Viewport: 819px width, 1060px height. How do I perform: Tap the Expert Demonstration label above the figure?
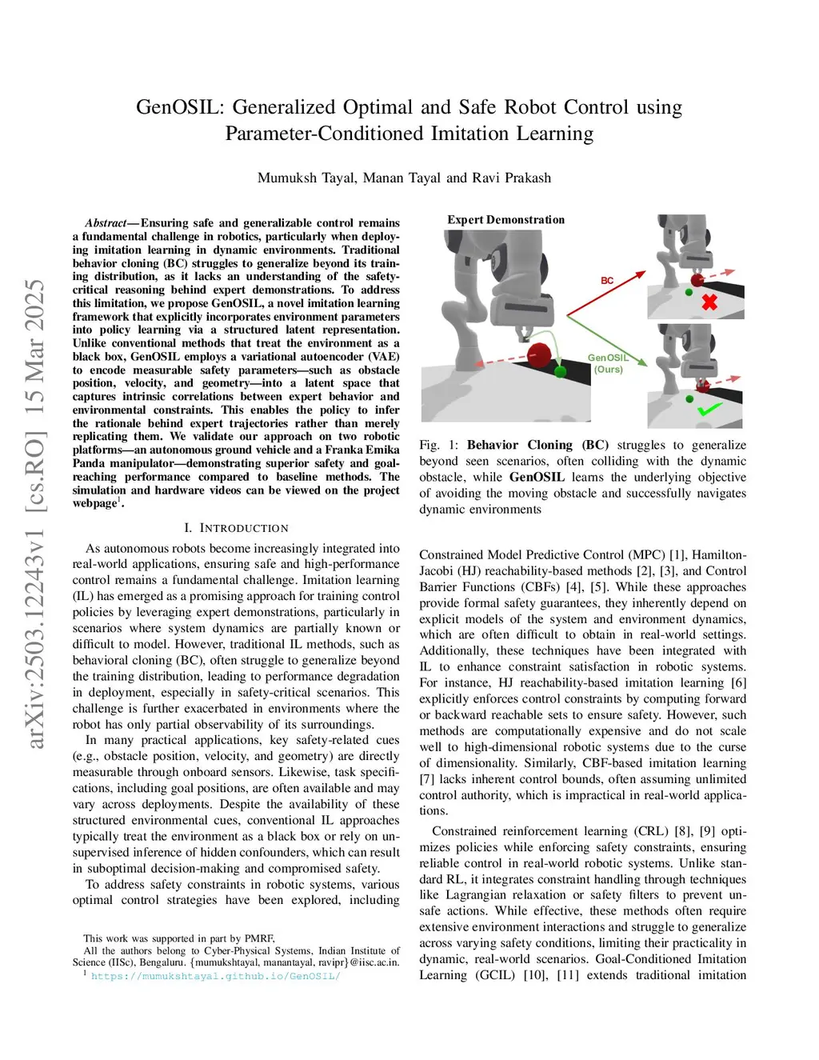[x=505, y=220]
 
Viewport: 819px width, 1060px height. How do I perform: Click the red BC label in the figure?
[x=607, y=281]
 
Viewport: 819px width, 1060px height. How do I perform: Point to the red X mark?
[x=709, y=302]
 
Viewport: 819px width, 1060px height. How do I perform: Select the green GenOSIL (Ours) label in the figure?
[x=608, y=363]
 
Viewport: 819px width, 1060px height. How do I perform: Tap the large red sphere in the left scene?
[x=541, y=354]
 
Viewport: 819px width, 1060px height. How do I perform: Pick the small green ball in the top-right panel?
[x=689, y=293]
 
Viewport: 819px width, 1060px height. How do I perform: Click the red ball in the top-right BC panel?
[x=697, y=279]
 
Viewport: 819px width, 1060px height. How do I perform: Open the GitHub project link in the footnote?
[x=215, y=976]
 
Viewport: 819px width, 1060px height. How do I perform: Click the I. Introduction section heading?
[x=236, y=528]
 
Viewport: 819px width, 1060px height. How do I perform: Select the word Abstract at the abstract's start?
[x=106, y=223]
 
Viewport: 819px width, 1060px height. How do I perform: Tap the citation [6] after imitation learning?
[x=738, y=682]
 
